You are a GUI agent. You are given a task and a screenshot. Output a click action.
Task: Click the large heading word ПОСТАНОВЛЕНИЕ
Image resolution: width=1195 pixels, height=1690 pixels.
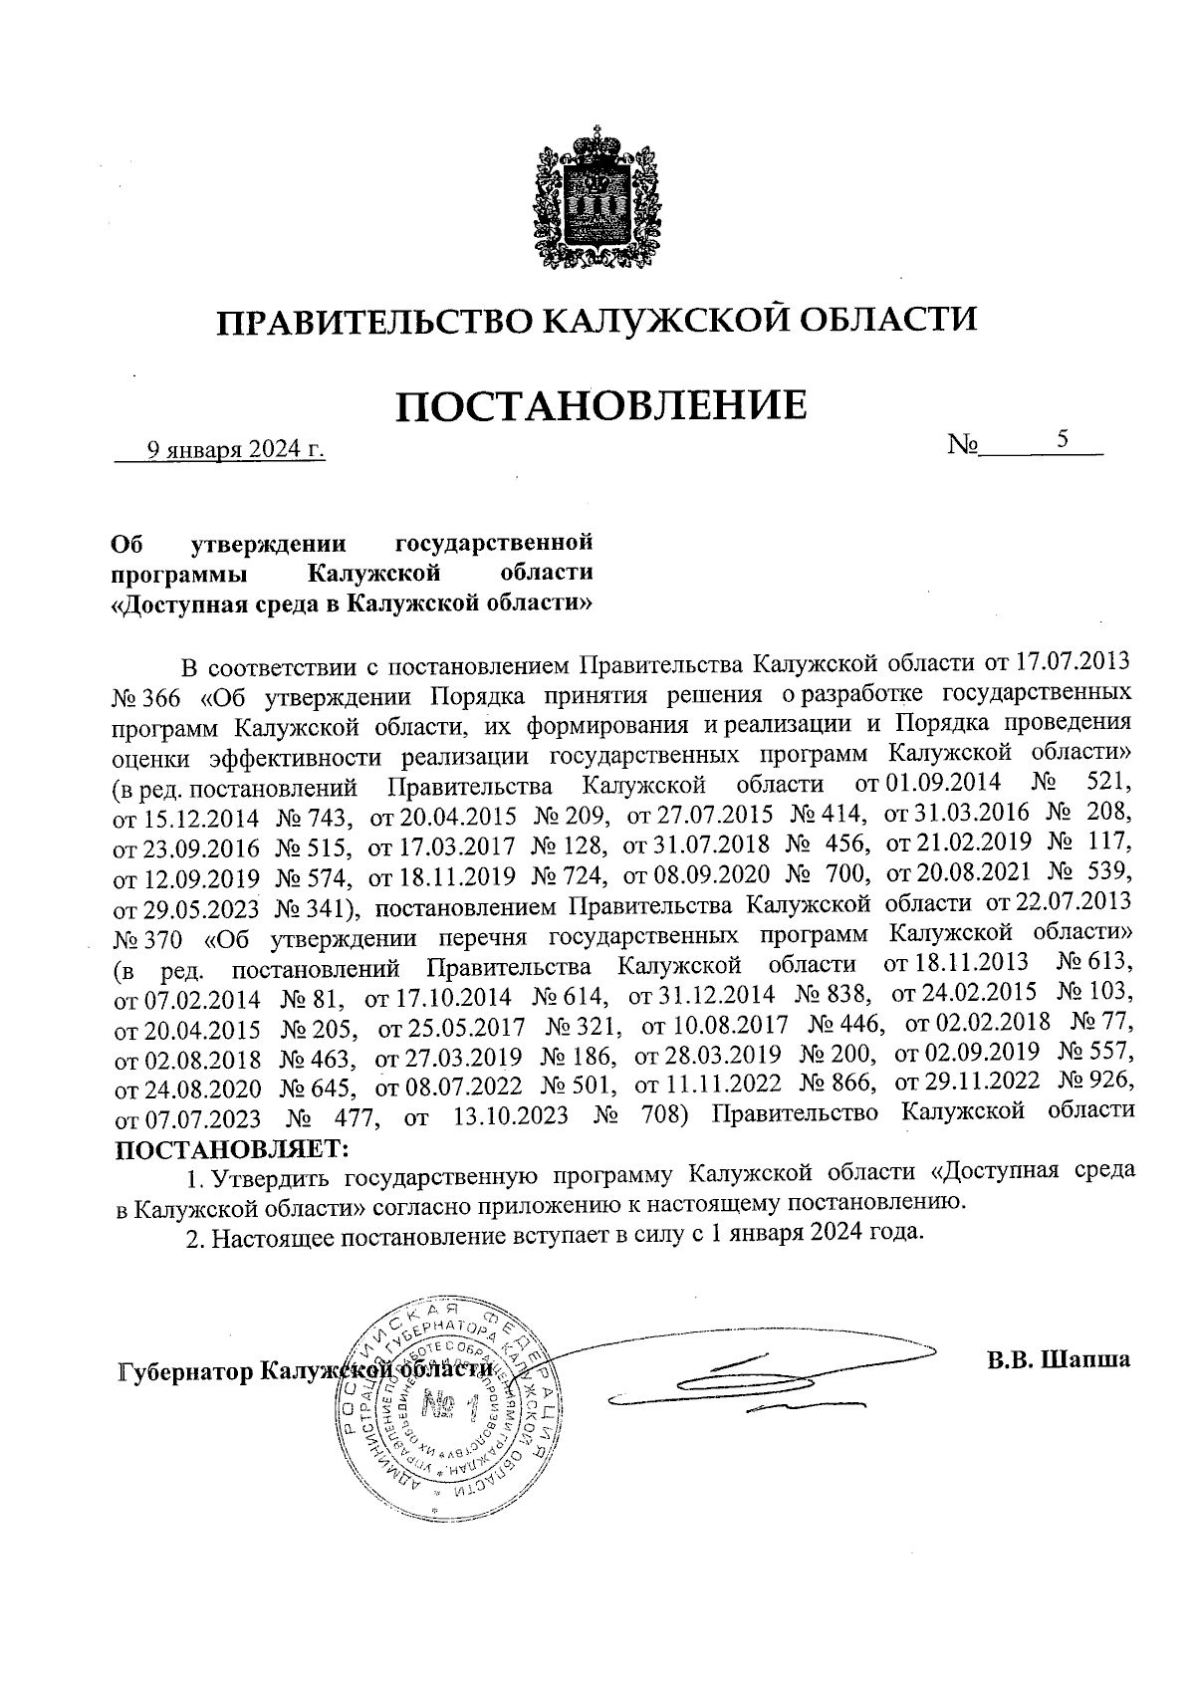tap(601, 406)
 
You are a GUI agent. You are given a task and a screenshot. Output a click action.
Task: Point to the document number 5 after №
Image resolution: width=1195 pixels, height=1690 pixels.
tap(1064, 439)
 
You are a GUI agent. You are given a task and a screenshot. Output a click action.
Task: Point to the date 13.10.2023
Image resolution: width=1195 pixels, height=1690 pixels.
tap(511, 1115)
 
